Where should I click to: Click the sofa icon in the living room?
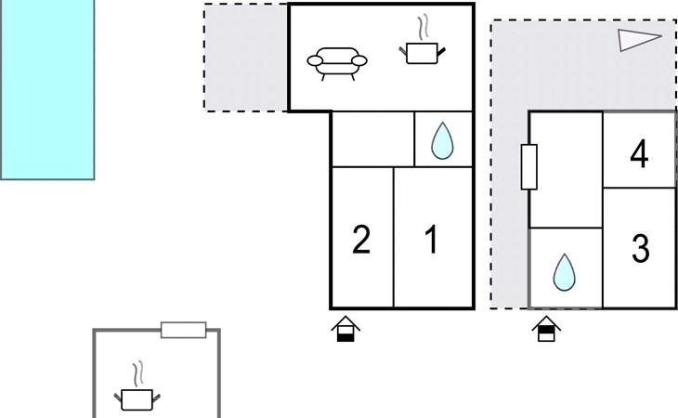337,63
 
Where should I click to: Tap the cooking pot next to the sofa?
422,53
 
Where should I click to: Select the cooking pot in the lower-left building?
137,399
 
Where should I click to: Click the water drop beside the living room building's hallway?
442,140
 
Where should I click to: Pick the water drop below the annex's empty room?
565,272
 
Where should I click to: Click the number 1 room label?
432,240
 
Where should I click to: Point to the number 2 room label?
361,240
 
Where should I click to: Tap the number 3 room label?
640,248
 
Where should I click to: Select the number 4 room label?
640,153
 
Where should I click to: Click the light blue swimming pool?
47,89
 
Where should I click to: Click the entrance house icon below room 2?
346,329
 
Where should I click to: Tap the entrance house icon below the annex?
546,329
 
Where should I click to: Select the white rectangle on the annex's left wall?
528,167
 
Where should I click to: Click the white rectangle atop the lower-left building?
183,330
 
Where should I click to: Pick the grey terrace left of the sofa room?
246,58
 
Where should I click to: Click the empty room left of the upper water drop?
372,139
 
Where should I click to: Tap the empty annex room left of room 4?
566,170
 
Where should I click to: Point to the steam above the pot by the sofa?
424,27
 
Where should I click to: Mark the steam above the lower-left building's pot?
138,373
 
